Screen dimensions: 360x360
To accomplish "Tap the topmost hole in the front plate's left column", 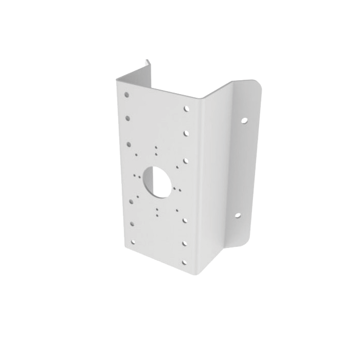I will click(x=127, y=95).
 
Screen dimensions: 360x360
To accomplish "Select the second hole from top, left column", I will click(x=128, y=118).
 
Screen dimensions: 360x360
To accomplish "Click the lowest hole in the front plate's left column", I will click(x=133, y=241).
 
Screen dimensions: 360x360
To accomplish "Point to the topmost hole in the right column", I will click(x=186, y=109).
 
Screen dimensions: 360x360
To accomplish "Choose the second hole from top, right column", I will click(x=186, y=132).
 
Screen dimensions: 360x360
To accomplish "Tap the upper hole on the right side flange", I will click(x=243, y=120).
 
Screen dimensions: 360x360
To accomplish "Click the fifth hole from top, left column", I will click(x=132, y=224).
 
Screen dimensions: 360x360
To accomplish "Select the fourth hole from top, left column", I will click(x=131, y=202).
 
